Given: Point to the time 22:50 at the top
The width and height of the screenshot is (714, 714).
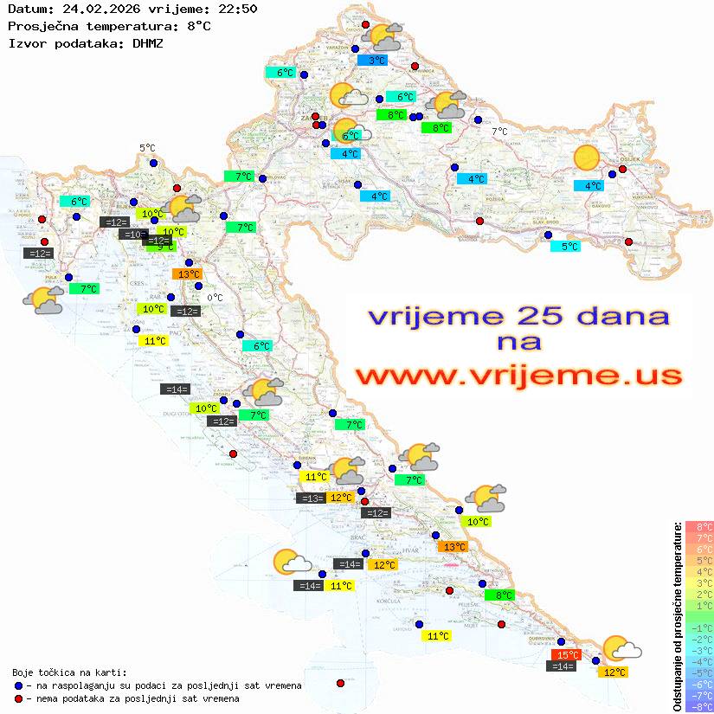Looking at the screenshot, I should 238,9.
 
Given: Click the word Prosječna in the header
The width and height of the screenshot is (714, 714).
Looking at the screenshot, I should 43,26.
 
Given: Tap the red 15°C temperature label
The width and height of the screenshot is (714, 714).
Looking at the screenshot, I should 566,655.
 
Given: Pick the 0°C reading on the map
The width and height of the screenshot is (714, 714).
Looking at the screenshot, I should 215,298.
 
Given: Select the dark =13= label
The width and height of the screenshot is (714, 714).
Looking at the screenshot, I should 311,498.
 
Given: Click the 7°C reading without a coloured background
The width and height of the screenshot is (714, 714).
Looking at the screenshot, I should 499,132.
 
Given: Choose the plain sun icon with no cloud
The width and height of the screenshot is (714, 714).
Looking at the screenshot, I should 587,158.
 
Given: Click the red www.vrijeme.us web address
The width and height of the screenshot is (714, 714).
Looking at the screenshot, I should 518,376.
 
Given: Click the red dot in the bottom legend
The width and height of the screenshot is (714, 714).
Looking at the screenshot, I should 19,698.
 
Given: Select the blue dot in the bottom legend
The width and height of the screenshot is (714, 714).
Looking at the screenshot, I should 19,685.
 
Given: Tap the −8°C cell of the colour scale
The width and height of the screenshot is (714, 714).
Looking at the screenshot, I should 699,707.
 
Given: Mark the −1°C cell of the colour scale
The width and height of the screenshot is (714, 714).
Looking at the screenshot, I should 699,627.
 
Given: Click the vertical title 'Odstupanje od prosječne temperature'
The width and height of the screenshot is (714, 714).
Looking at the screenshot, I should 677,617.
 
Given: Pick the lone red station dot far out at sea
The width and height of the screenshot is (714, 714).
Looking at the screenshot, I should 339,683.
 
